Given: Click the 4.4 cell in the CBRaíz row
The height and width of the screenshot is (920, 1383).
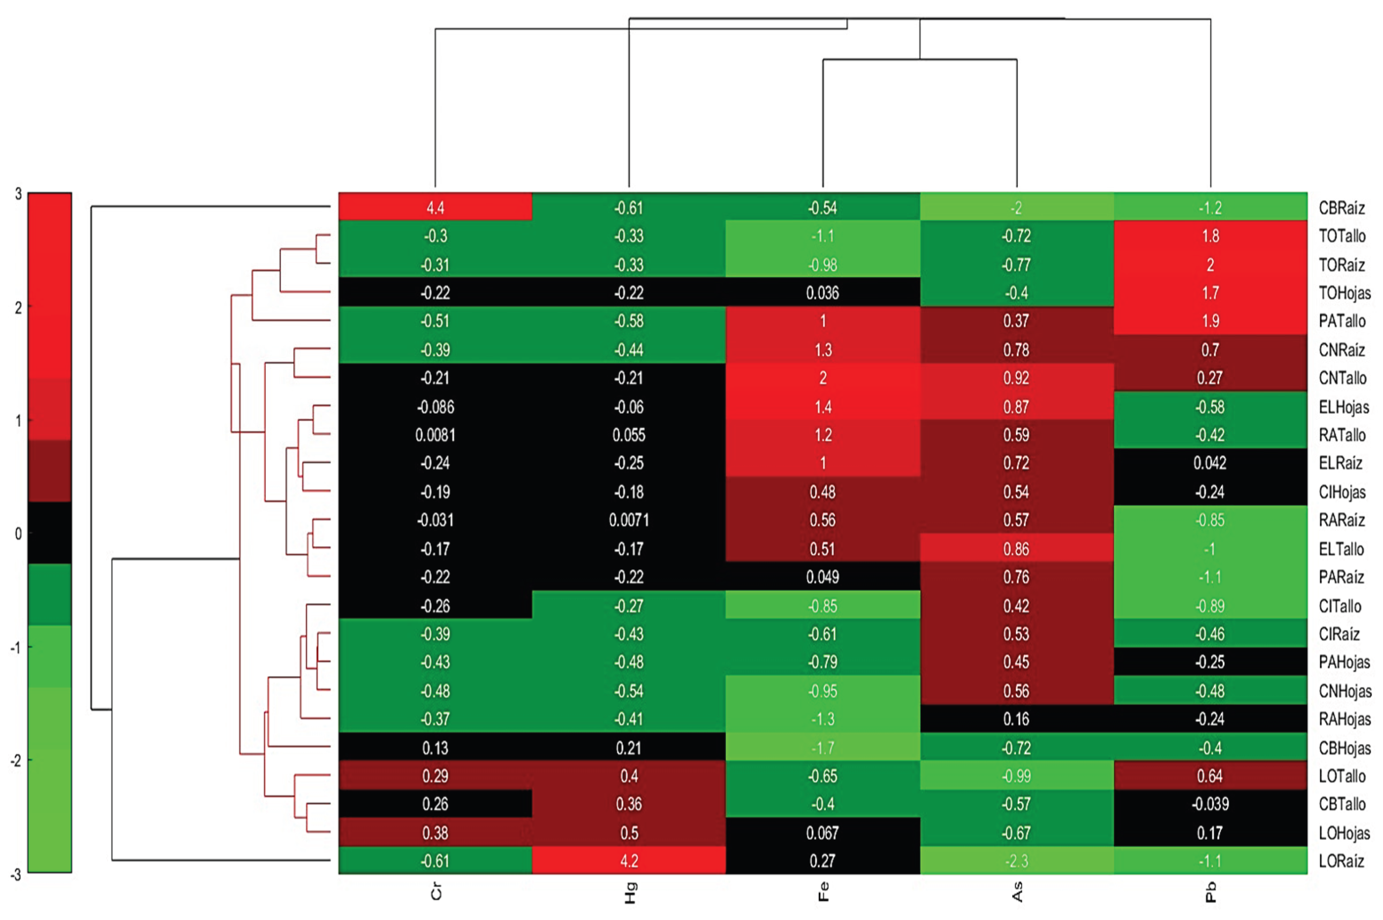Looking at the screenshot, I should (435, 207).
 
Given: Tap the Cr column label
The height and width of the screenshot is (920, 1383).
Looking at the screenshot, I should (436, 891).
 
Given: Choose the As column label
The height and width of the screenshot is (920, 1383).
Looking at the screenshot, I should (1017, 891).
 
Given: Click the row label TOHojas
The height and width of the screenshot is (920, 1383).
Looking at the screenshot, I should (1344, 293).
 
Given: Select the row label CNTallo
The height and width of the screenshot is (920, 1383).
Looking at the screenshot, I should (1342, 378).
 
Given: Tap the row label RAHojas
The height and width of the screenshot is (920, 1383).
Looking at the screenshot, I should (1344, 719).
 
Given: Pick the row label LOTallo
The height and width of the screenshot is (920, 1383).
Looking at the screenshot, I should (1342, 776).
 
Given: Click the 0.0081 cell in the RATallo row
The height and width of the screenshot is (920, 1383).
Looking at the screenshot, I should (435, 435).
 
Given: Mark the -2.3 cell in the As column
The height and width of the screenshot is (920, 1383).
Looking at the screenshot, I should (1016, 861).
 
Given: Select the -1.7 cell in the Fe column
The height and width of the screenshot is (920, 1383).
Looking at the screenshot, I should (822, 748).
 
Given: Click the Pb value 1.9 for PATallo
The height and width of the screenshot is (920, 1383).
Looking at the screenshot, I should (1210, 321).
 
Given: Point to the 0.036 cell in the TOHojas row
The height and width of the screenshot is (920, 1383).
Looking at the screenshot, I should (822, 293).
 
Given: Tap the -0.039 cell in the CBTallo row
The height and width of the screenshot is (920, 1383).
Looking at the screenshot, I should (1210, 804).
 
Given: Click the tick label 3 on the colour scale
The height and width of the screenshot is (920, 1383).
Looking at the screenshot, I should (18, 194).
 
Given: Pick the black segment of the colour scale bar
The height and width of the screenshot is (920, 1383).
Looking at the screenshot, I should (50, 533).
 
